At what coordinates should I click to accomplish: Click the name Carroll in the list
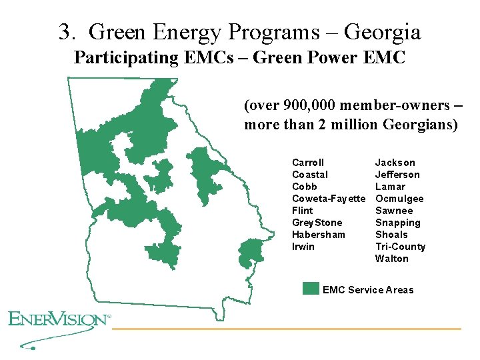point(308,163)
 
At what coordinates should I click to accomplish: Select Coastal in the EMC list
point(310,175)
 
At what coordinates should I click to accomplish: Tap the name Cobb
point(305,187)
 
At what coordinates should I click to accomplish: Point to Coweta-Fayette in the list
point(329,199)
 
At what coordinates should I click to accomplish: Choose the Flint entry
point(303,211)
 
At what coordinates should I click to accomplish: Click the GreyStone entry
point(317,223)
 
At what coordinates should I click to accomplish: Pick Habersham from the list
point(319,235)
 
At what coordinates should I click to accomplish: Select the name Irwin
point(303,247)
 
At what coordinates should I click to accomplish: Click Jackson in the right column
point(395,163)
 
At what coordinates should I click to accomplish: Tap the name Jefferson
point(397,175)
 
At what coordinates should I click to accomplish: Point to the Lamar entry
point(390,187)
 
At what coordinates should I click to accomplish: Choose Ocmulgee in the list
point(399,199)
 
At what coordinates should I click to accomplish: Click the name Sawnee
point(394,211)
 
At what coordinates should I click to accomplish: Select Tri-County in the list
point(400,247)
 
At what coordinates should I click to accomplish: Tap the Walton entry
point(392,259)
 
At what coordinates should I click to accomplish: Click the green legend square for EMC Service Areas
point(311,289)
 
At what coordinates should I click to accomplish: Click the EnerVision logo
point(59,319)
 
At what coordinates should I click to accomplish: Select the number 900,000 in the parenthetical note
point(306,106)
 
